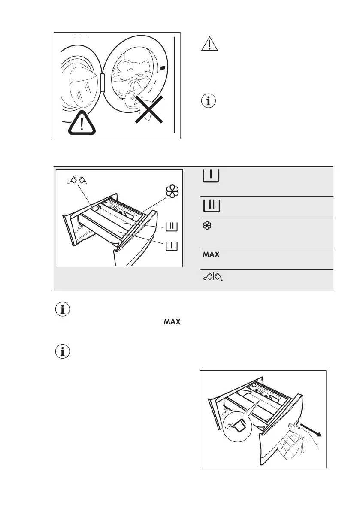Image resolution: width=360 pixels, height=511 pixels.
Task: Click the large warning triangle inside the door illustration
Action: [81, 124]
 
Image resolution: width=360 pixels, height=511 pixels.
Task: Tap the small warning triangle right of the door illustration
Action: [209, 45]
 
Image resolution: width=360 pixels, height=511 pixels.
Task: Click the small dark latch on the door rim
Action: [162, 68]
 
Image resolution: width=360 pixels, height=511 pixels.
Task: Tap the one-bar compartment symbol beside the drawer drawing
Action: [171, 246]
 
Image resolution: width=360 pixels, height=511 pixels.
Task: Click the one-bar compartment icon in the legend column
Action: [210, 176]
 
